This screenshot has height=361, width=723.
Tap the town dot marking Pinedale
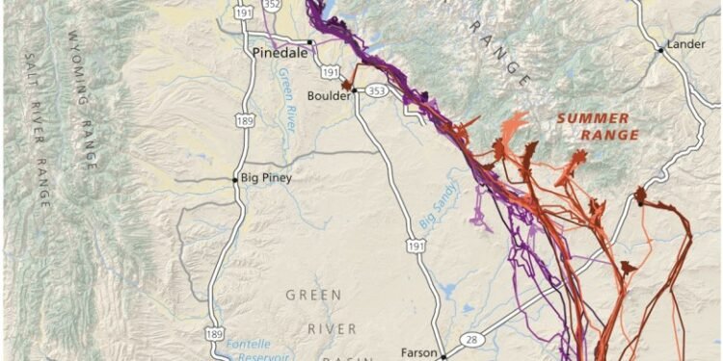tap(309, 42)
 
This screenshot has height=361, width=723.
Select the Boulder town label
tap(327, 96)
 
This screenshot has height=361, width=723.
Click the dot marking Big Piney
tap(234, 178)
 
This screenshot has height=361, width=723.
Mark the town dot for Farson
tap(443, 354)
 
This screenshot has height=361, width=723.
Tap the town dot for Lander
tap(660, 49)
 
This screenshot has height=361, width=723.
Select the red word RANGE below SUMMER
tap(608, 135)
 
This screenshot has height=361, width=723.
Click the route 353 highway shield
tap(377, 91)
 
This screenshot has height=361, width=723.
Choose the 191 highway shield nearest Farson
tap(415, 247)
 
